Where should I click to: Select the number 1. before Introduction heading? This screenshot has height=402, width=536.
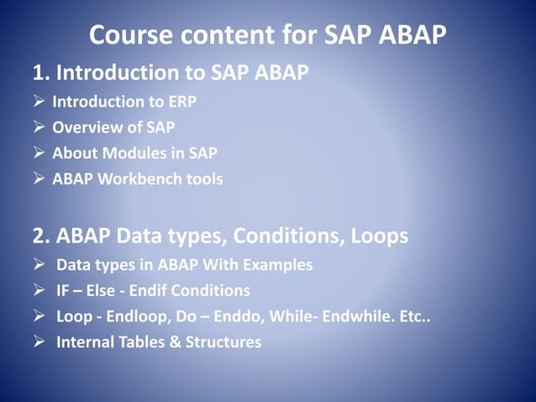[41, 73]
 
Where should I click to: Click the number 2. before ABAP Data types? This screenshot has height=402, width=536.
[41, 236]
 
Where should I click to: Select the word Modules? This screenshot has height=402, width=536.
[127, 154]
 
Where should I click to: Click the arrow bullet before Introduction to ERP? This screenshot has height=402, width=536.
[39, 102]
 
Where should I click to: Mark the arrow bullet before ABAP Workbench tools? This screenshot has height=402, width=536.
[39, 180]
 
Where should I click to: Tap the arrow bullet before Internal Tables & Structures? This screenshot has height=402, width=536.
[39, 342]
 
